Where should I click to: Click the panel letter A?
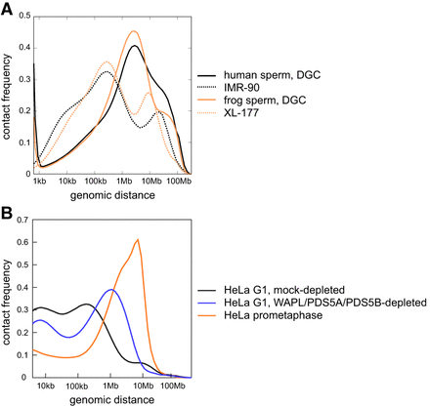coord(8,8)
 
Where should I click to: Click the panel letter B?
coord(8,209)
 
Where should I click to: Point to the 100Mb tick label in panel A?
coord(179,182)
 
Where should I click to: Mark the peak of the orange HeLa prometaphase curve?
coord(139,239)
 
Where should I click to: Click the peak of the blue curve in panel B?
coord(111,290)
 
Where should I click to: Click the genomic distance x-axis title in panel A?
coord(112,196)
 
